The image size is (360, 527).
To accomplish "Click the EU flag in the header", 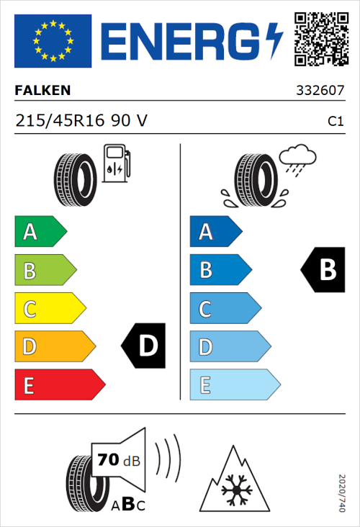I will [53, 40].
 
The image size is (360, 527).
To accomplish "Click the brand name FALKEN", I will [43, 91].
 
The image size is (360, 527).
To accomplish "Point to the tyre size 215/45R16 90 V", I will [81, 121].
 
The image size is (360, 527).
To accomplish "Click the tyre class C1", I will [335, 122].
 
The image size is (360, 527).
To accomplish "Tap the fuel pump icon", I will [116, 163].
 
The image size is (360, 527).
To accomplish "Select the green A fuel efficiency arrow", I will [40, 232].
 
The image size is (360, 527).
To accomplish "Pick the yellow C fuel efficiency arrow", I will [49, 309].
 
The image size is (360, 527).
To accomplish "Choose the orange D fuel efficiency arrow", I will [53, 347].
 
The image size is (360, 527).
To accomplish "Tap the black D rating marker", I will [143, 346].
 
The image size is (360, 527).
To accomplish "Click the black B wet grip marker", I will [323, 270].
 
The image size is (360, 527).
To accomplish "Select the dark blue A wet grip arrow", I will [215, 232].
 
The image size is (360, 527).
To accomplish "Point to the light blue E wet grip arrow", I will [233, 385].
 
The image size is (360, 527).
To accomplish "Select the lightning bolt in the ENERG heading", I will [274, 40].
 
